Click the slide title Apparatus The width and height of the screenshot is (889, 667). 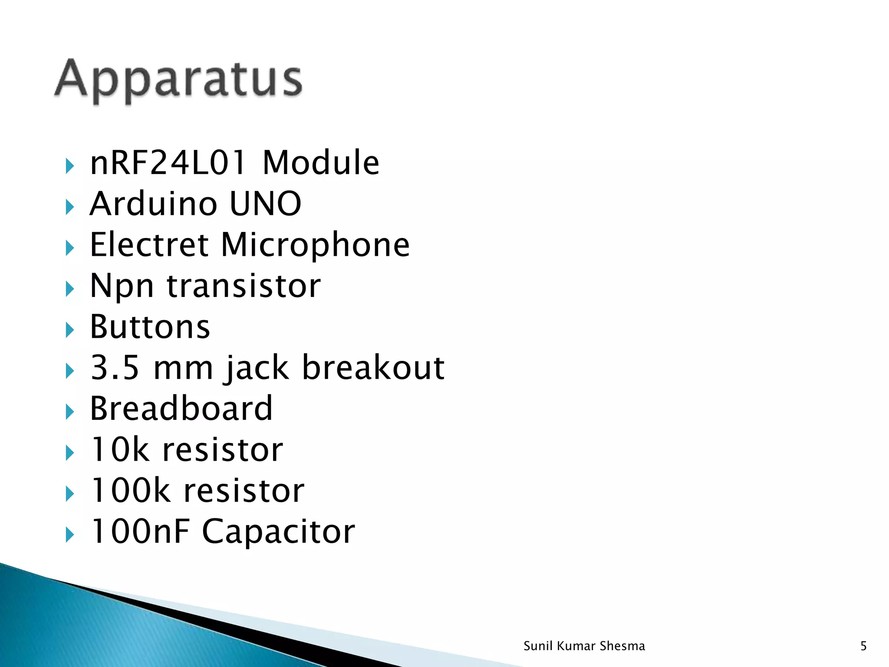tap(178, 79)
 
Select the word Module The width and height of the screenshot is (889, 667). tap(321, 162)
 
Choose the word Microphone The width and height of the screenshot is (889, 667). tap(315, 245)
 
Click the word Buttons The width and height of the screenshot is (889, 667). tap(150, 327)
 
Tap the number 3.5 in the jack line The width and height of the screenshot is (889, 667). tap(115, 368)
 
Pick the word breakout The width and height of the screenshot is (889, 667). tap(373, 367)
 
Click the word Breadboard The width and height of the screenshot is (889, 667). tap(181, 409)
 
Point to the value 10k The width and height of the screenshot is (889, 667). tap(119, 449)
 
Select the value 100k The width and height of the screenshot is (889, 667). tap(130, 491)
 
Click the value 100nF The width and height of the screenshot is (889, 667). tap(140, 532)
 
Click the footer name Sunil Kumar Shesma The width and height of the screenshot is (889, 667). tap(584, 646)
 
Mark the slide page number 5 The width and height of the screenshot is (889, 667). tap(863, 646)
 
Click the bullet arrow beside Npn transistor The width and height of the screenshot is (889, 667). tap(70, 289)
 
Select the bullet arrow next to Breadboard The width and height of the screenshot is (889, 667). tap(70, 412)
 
